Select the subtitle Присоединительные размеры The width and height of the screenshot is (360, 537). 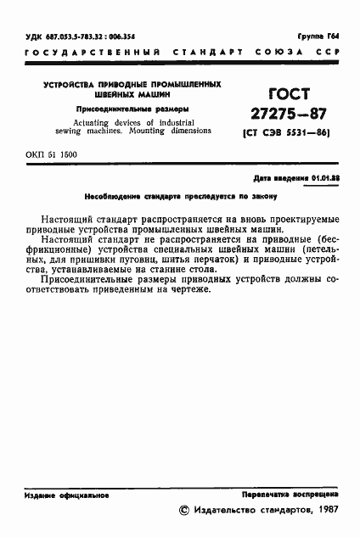coord(133,110)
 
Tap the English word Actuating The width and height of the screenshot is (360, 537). coord(95,124)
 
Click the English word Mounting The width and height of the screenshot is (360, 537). coord(168,133)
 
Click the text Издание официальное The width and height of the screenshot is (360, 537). coord(61,494)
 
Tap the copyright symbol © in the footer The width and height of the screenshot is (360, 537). coord(186,511)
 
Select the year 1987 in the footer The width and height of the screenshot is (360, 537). coord(323,511)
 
